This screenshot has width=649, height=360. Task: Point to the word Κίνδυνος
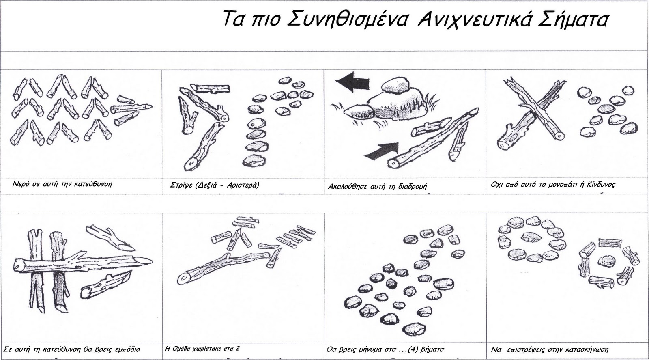point(601,185)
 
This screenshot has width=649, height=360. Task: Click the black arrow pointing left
point(352,82)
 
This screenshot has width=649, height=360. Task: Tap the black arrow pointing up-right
point(382,152)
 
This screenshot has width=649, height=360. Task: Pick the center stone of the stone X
point(606,109)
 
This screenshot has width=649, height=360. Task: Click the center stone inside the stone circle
point(531,237)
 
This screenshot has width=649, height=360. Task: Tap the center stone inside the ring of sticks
point(606,261)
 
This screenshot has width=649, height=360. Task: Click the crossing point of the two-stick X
point(532,108)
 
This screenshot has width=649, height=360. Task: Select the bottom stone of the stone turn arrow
point(254,161)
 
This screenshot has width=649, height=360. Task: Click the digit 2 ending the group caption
point(238,348)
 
